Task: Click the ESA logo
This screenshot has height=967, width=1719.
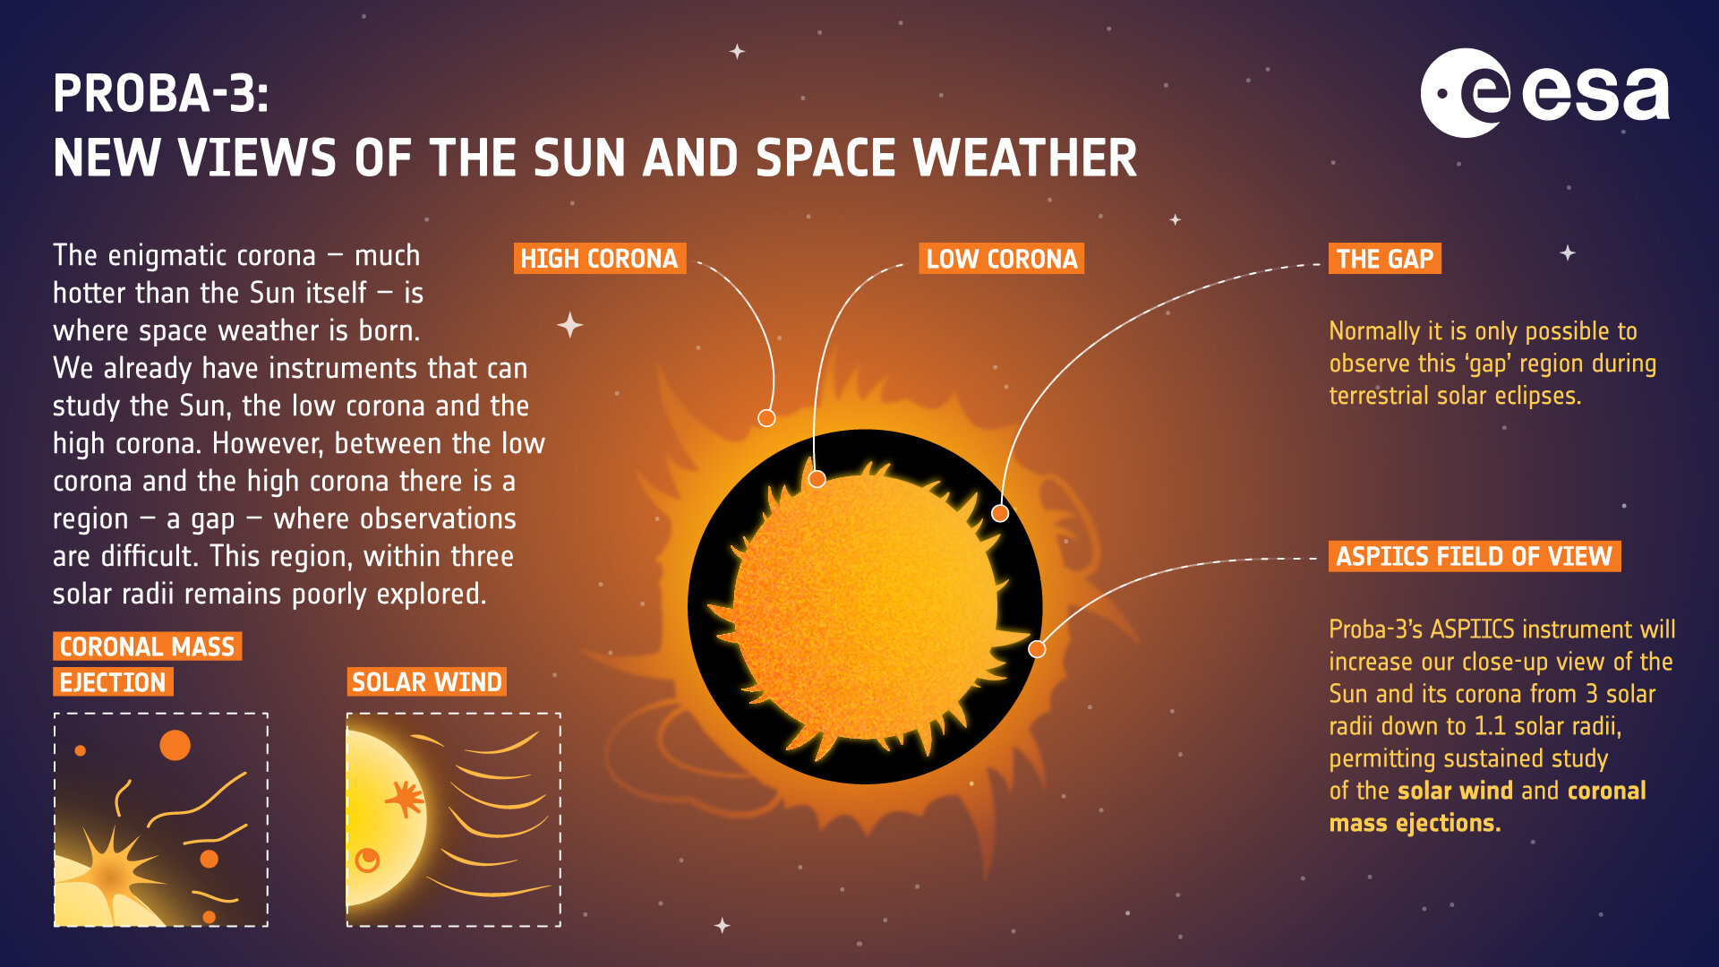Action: (x=1544, y=93)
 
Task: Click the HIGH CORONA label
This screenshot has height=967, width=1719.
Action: (x=599, y=259)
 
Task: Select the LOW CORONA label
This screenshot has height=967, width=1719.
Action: (x=1001, y=259)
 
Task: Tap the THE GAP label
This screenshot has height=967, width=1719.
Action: (x=1384, y=259)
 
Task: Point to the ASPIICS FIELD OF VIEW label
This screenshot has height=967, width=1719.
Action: (x=1474, y=556)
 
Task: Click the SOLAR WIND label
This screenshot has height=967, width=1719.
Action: (x=426, y=682)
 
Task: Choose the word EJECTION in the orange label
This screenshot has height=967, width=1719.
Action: (x=113, y=683)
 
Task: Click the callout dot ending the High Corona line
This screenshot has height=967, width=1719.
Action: (x=766, y=418)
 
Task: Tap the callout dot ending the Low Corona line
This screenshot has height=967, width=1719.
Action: (x=817, y=479)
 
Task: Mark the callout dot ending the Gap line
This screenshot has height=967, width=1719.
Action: (x=1000, y=513)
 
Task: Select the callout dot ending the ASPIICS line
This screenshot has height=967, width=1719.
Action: (x=1037, y=649)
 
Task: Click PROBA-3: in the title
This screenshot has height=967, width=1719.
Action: (x=161, y=93)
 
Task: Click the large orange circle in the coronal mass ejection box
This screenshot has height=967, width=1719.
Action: (x=175, y=745)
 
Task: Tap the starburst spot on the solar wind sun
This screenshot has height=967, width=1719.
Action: (x=405, y=798)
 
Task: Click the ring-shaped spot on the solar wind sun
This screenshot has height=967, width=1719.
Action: (x=367, y=860)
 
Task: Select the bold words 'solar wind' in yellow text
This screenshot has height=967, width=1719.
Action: (x=1455, y=791)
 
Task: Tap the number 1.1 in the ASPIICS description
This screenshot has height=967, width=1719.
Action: (x=1491, y=726)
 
